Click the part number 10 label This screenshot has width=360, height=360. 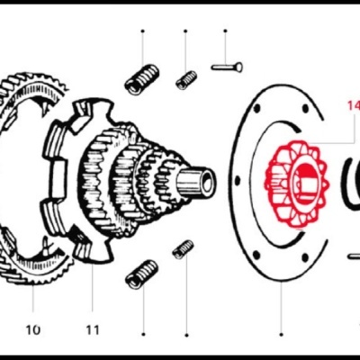(x=33, y=329)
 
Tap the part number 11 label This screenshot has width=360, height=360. (x=93, y=329)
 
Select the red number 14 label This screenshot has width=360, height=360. (x=352, y=106)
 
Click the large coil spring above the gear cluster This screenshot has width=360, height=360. (x=141, y=80)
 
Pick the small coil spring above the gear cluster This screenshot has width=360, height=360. (x=186, y=80)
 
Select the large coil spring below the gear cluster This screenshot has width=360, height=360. (x=141, y=273)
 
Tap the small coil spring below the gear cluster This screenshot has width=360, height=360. (x=184, y=249)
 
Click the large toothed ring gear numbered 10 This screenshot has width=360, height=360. (x=27, y=180)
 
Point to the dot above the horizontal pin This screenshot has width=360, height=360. (x=225, y=31)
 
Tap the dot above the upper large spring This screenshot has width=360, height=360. (x=142, y=31)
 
